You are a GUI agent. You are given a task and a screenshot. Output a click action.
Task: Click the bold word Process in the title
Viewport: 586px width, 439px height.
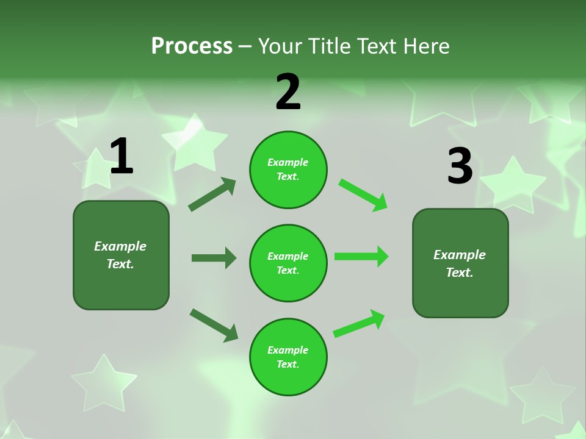tap(192, 46)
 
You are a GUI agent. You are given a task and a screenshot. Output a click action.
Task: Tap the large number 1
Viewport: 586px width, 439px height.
tap(121, 156)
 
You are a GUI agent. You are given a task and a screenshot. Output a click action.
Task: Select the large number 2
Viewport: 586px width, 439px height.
tap(288, 92)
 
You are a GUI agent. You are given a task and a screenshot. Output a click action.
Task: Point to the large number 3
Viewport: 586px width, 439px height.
tap(460, 166)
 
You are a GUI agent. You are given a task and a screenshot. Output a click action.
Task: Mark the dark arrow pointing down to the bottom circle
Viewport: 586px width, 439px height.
tap(214, 324)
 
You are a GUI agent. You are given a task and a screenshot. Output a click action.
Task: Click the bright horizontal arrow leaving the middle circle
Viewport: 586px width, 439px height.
tap(361, 256)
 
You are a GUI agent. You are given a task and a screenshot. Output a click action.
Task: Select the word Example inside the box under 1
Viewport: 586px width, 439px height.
tap(120, 246)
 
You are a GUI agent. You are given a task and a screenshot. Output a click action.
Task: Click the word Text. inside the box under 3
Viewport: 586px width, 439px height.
tap(460, 273)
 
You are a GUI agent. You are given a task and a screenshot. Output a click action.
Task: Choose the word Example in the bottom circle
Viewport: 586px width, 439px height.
tap(288, 350)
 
